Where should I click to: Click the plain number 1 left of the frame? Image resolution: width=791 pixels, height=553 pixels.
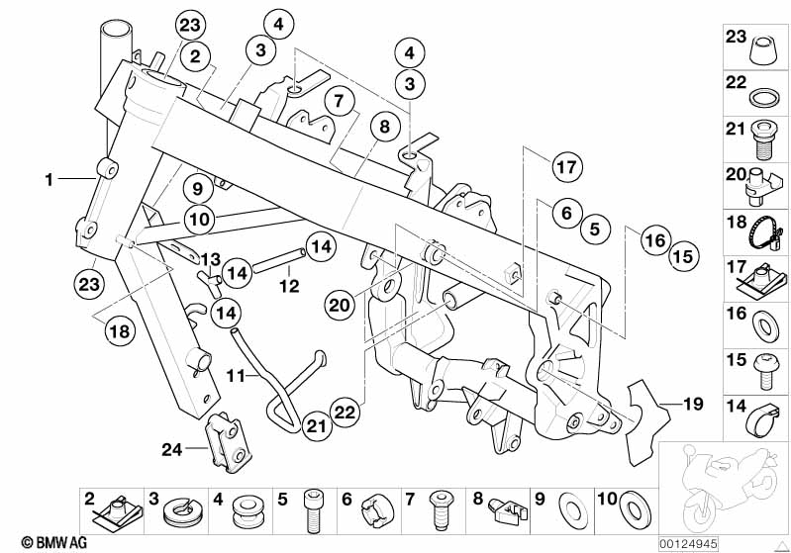point(48,179)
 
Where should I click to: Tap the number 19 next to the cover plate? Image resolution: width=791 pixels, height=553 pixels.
point(693,404)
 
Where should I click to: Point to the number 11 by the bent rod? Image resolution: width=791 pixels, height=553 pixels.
point(235,376)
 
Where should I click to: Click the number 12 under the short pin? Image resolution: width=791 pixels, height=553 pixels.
point(287,286)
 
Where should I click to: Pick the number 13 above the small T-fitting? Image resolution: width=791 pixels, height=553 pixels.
point(210,259)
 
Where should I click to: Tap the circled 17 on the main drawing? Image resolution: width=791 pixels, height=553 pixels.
point(565,167)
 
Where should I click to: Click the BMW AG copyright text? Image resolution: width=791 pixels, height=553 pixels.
point(36,542)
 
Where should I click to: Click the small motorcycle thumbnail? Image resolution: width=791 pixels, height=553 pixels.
point(724,486)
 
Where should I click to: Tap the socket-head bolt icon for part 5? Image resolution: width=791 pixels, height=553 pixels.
point(315,509)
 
